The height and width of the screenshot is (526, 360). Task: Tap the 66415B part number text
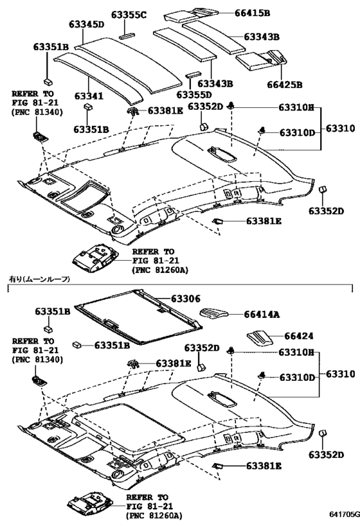point(252,12)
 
